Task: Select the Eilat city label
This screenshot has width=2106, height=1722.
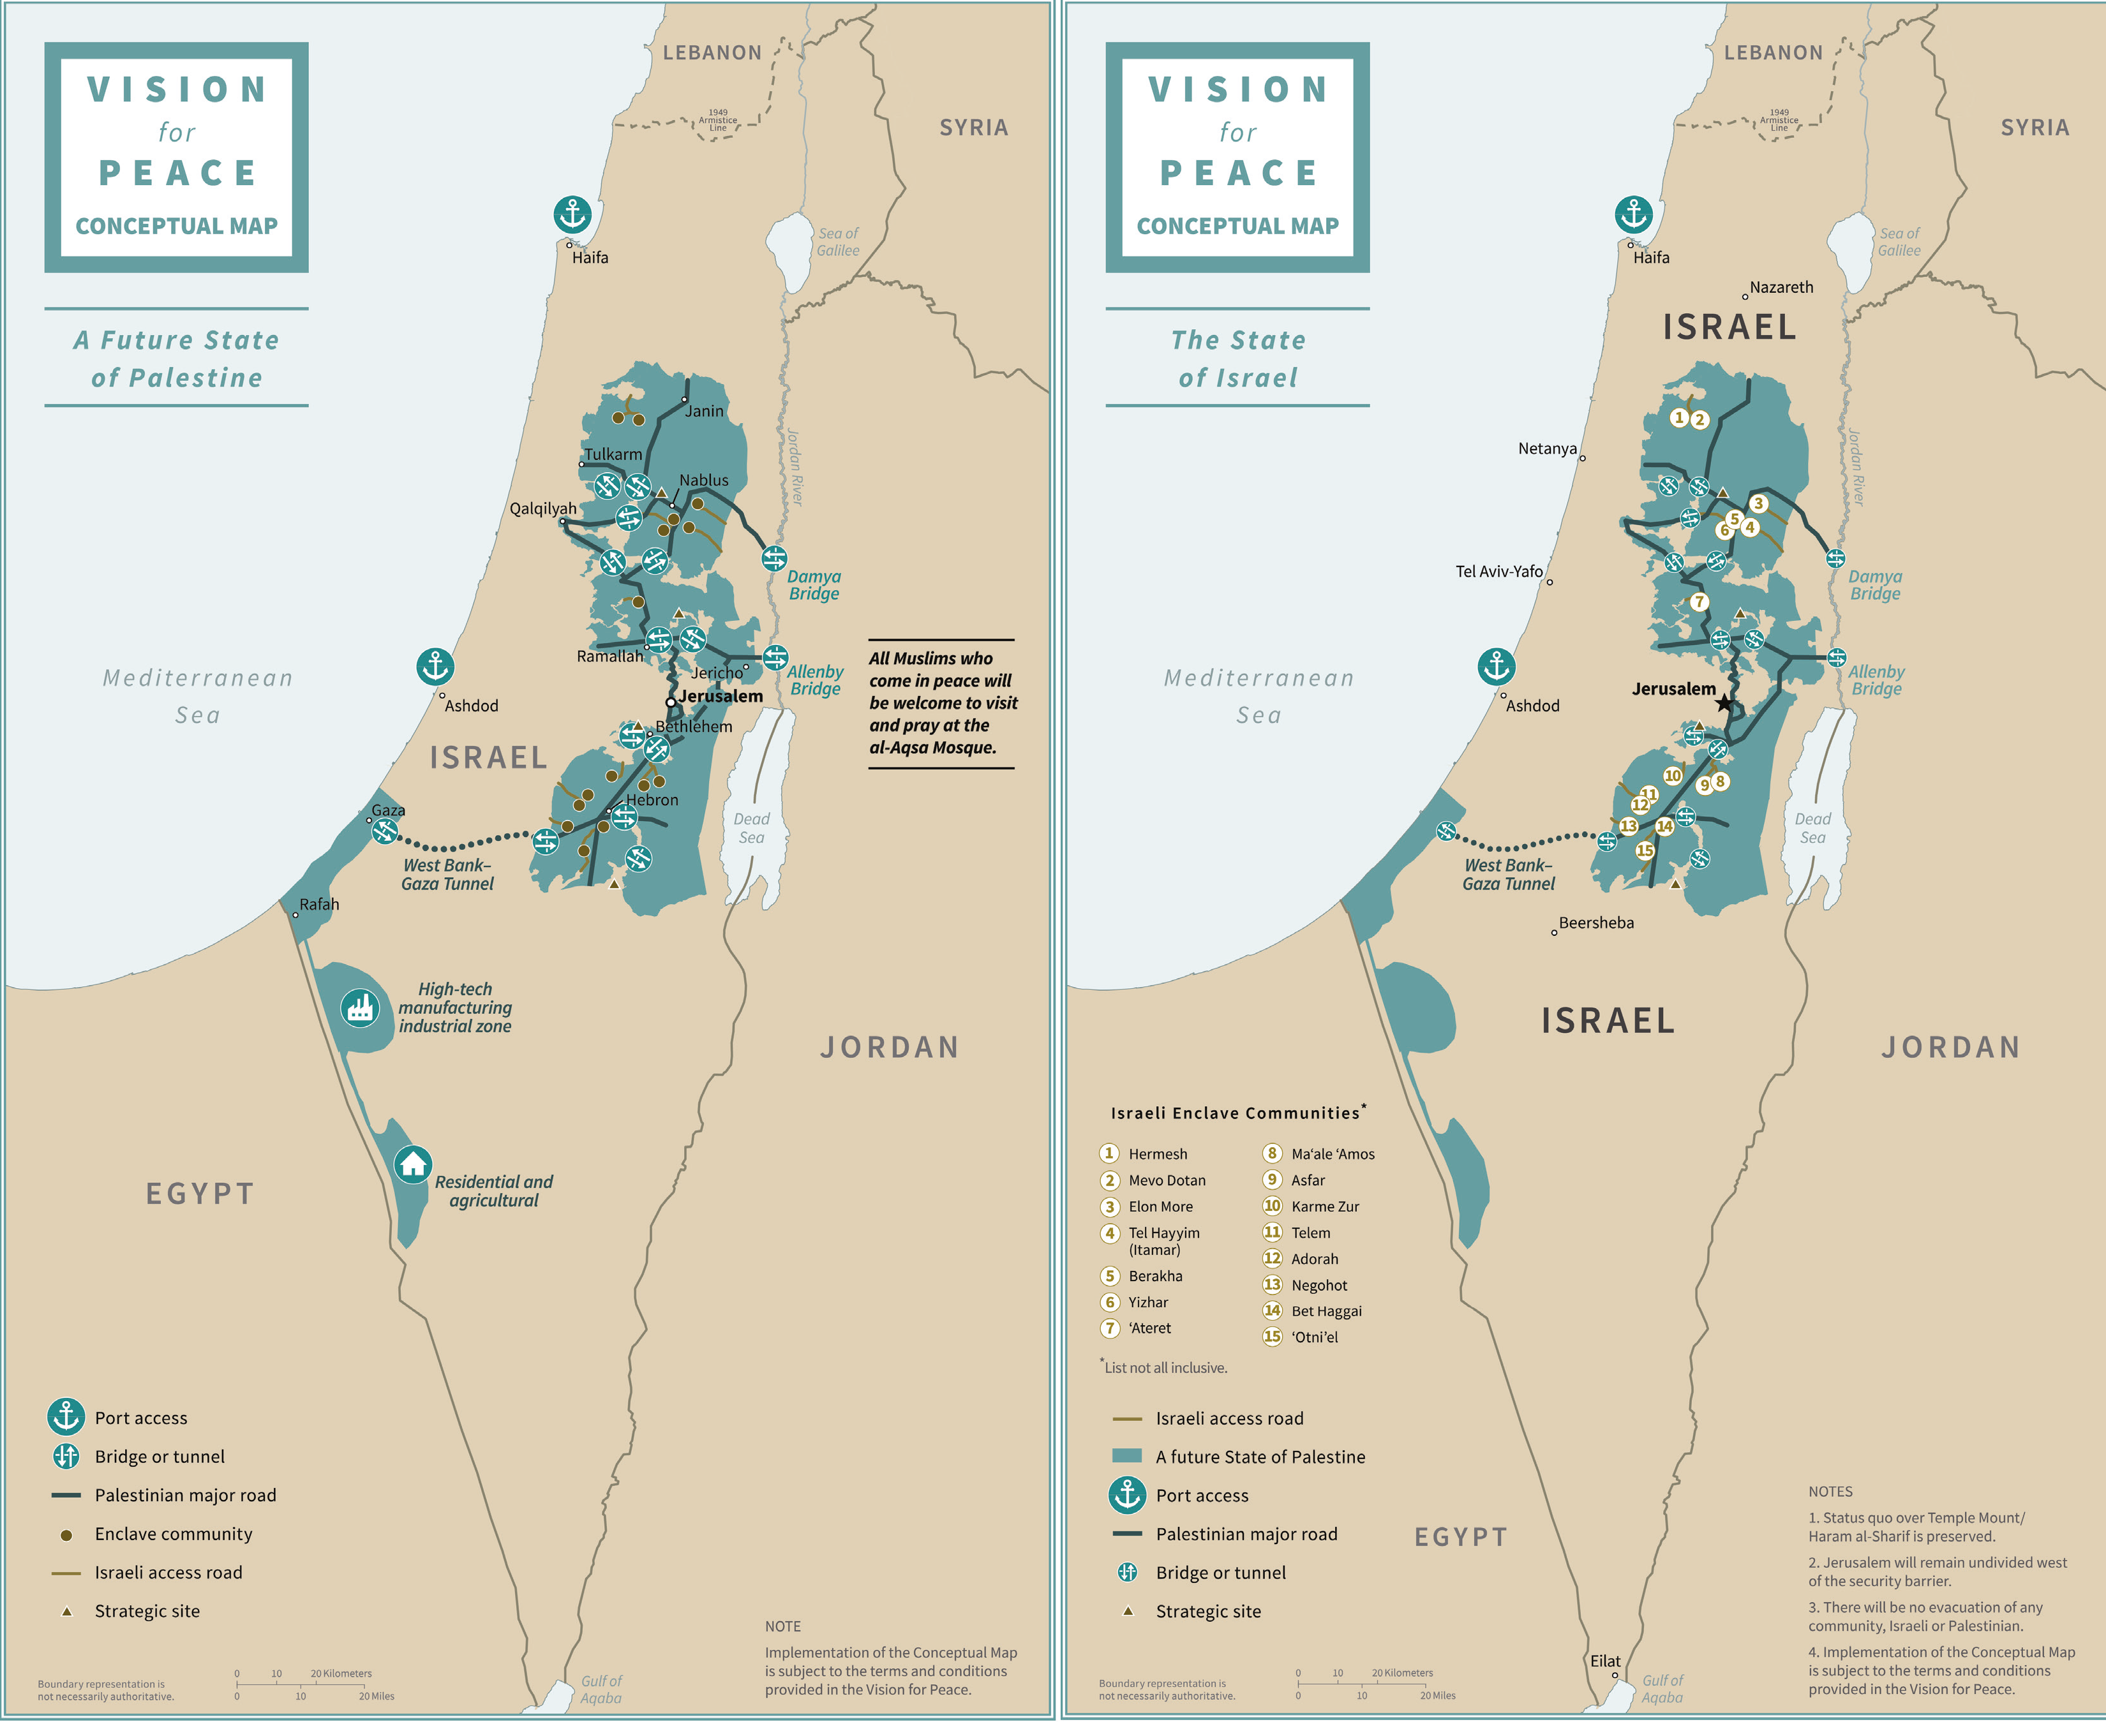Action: coord(1605,1661)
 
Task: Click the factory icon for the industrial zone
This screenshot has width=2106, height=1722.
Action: coord(359,1008)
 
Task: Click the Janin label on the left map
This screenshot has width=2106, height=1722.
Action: coord(705,412)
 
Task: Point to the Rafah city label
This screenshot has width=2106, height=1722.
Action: coord(320,905)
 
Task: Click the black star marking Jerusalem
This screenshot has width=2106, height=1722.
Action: coord(1724,703)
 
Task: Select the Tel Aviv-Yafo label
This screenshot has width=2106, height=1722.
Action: coord(1499,572)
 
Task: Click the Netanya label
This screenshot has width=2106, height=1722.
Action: coord(1546,449)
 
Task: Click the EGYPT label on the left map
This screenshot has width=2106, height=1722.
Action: coord(200,1193)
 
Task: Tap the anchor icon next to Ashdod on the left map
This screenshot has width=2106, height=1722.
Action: coord(435,667)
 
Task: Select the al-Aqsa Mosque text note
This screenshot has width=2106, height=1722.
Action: coord(943,703)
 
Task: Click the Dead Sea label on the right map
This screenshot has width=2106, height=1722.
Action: coord(1812,828)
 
